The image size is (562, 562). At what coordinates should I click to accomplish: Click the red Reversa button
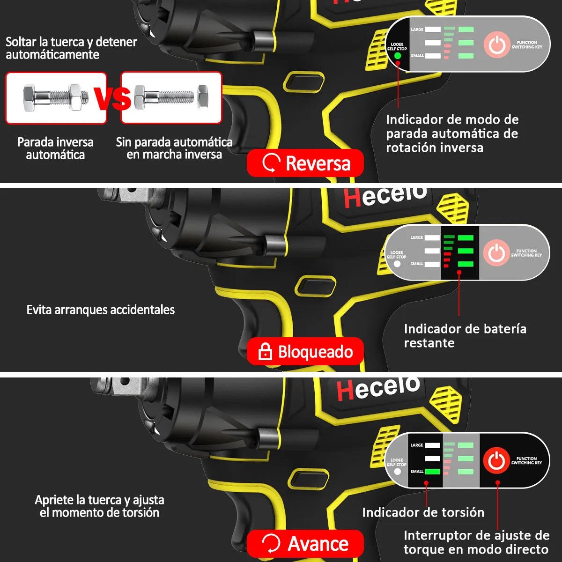pyautogui.click(x=305, y=163)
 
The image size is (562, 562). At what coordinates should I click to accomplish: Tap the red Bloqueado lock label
pyautogui.click(x=305, y=352)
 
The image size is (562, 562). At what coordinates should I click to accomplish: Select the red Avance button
pyautogui.click(x=305, y=544)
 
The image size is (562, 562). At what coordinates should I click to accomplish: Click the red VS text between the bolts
pyautogui.click(x=113, y=98)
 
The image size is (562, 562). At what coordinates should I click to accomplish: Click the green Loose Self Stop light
pyautogui.click(x=398, y=56)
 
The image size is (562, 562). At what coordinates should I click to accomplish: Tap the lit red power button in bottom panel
pyautogui.click(x=496, y=461)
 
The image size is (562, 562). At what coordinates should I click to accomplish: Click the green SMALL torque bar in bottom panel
pyautogui.click(x=432, y=472)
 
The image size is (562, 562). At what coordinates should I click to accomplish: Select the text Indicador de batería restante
pyautogui.click(x=465, y=336)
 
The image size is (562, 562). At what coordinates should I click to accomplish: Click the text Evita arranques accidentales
pyautogui.click(x=100, y=310)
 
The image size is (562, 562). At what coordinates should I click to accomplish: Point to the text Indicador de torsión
pyautogui.click(x=423, y=512)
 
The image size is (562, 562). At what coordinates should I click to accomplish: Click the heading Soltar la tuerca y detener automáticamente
pyautogui.click(x=71, y=48)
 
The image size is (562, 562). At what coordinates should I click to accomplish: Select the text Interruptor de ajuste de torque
pyautogui.click(x=476, y=542)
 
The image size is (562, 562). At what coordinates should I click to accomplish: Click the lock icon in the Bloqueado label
pyautogui.click(x=265, y=352)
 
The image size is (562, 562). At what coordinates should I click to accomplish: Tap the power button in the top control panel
pyautogui.click(x=496, y=45)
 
